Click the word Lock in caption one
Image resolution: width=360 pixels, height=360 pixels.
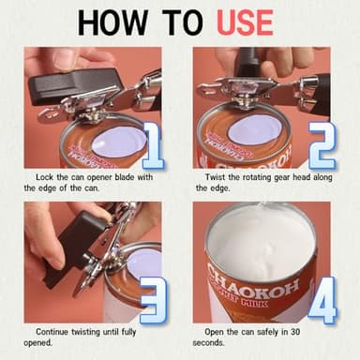point(47,176)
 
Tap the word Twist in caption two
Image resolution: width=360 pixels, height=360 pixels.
point(217,176)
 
